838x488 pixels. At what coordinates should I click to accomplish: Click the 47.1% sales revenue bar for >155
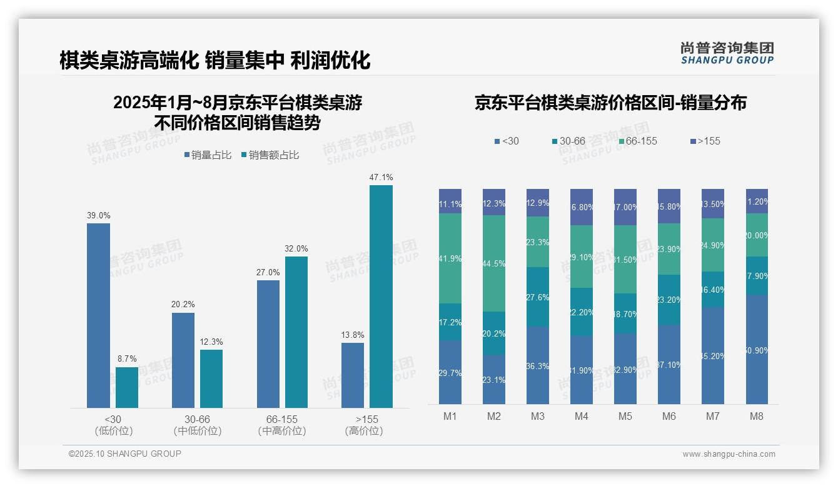(x=381, y=297)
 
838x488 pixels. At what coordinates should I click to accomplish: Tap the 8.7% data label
(x=126, y=359)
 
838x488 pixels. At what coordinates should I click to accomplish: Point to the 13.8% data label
(x=353, y=335)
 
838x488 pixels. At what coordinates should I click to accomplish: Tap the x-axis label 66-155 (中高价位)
(x=281, y=425)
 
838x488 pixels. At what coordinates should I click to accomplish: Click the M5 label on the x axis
(x=625, y=416)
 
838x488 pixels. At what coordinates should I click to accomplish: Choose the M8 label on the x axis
(x=756, y=416)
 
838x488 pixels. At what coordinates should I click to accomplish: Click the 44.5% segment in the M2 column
(x=493, y=263)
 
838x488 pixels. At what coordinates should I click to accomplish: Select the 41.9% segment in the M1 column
(x=450, y=258)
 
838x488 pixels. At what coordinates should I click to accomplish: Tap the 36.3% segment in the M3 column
(x=537, y=365)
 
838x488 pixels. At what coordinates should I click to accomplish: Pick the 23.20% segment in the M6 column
(x=669, y=300)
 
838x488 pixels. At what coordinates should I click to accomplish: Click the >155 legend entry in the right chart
(x=705, y=141)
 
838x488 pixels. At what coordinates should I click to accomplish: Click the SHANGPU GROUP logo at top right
(x=727, y=53)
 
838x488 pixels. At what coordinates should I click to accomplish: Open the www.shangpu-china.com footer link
(x=729, y=454)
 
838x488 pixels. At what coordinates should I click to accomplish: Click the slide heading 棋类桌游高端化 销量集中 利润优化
(x=215, y=60)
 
